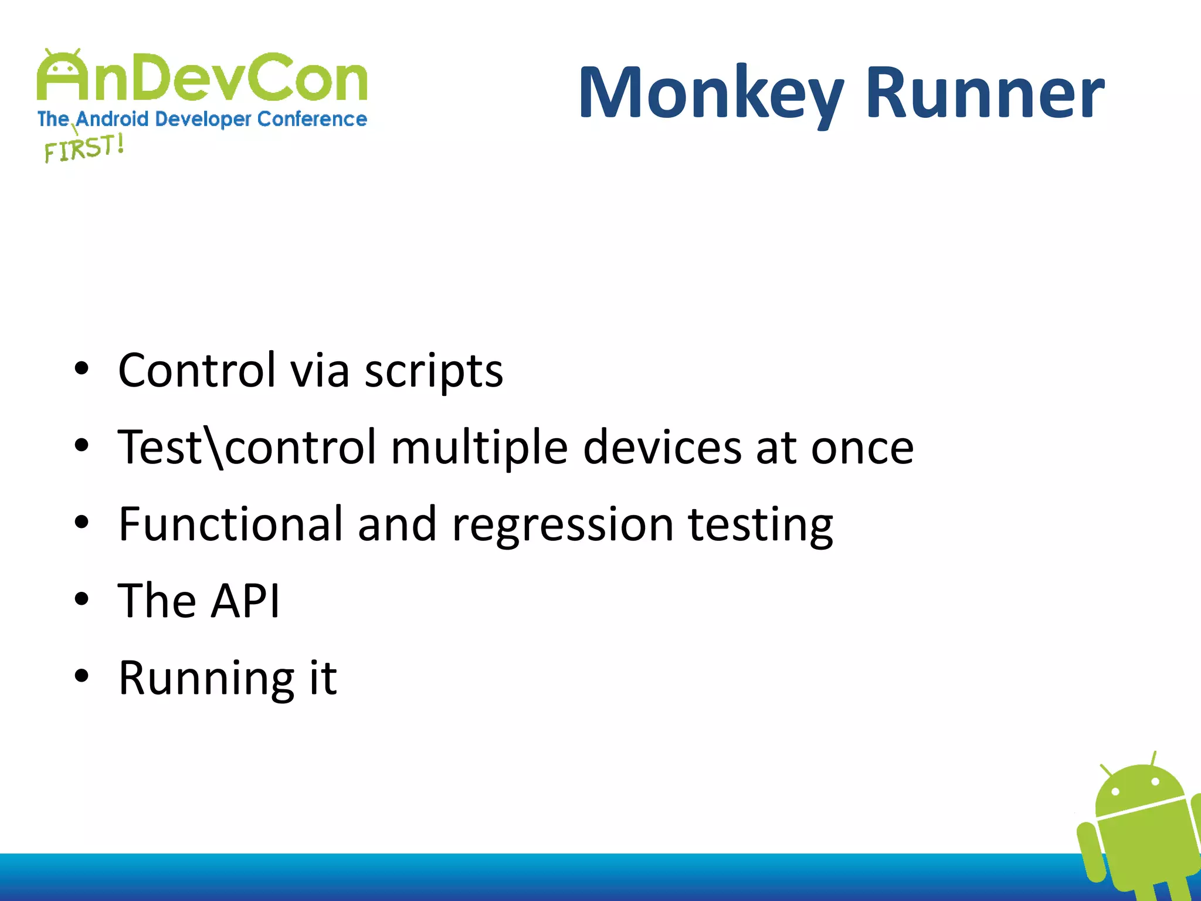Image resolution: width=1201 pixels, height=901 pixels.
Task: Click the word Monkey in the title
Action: click(711, 94)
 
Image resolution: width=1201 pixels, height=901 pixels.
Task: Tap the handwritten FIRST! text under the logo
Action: click(84, 148)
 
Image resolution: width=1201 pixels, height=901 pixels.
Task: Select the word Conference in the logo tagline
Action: click(312, 119)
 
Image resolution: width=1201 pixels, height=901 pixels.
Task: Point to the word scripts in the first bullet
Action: click(433, 371)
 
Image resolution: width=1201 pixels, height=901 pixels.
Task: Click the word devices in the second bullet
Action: click(662, 448)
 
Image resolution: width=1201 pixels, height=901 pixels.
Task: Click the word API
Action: click(245, 601)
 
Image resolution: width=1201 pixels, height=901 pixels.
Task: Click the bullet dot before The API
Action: click(82, 599)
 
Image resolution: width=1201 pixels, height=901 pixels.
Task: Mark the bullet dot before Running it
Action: click(82, 676)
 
